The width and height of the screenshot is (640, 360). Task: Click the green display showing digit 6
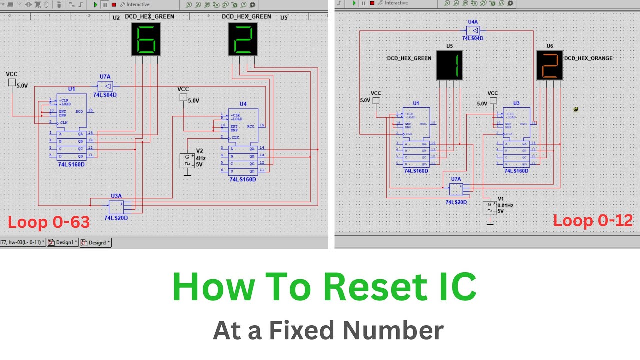(x=146, y=39)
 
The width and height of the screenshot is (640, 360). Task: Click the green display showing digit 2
(x=243, y=39)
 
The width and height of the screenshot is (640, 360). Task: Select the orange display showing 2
(x=549, y=65)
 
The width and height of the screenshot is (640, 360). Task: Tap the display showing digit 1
(x=449, y=65)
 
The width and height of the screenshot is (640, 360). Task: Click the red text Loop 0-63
(x=49, y=222)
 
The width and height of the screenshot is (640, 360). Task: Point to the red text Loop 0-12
(x=593, y=220)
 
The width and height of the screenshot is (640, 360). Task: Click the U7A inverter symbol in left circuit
(x=105, y=86)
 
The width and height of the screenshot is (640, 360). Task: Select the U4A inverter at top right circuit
(x=473, y=30)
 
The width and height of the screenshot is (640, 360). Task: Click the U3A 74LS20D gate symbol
(x=116, y=206)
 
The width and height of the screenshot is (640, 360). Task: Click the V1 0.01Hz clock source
(x=490, y=207)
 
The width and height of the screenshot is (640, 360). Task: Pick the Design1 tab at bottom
(x=63, y=242)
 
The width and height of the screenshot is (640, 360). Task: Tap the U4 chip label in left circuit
(x=243, y=104)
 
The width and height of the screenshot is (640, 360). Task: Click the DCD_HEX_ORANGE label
(x=588, y=58)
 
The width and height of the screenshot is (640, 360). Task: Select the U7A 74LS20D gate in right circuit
(x=456, y=189)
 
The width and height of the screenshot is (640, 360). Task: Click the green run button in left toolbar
(x=95, y=4)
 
